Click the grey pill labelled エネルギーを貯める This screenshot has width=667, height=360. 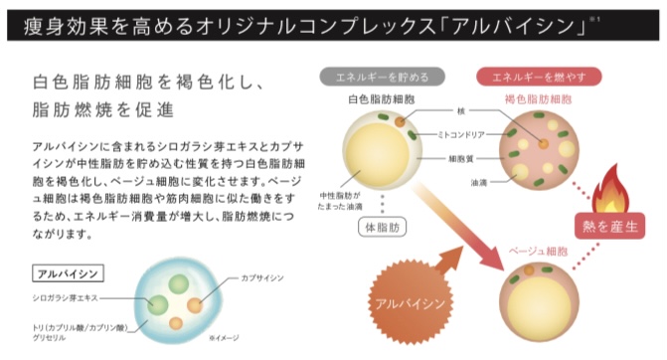tap(382, 77)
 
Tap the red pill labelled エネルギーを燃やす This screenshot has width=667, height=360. tap(539, 77)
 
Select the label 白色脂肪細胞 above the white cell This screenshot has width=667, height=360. tap(381, 99)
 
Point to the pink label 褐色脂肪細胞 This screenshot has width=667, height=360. tap(538, 99)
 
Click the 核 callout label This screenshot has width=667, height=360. tap(460, 111)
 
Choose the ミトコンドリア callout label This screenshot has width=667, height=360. tap(461, 135)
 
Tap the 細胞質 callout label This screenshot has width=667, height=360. tap(460, 159)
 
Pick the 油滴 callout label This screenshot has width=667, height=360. tap(478, 183)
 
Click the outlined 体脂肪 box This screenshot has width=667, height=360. tap(383, 227)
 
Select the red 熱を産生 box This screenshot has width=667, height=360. tap(610, 226)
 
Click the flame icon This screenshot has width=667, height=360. tap(611, 189)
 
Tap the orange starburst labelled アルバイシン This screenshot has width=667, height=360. tap(411, 303)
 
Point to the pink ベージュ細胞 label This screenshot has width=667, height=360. tap(538, 251)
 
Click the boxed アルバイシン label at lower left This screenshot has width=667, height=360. tap(68, 273)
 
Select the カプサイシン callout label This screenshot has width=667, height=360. tap(262, 277)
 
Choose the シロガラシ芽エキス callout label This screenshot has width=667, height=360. tap(65, 298)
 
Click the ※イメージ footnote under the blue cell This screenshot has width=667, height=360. tap(224, 338)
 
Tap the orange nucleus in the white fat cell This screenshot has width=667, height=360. tap(400, 121)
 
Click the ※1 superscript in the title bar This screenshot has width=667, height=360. tap(594, 19)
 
